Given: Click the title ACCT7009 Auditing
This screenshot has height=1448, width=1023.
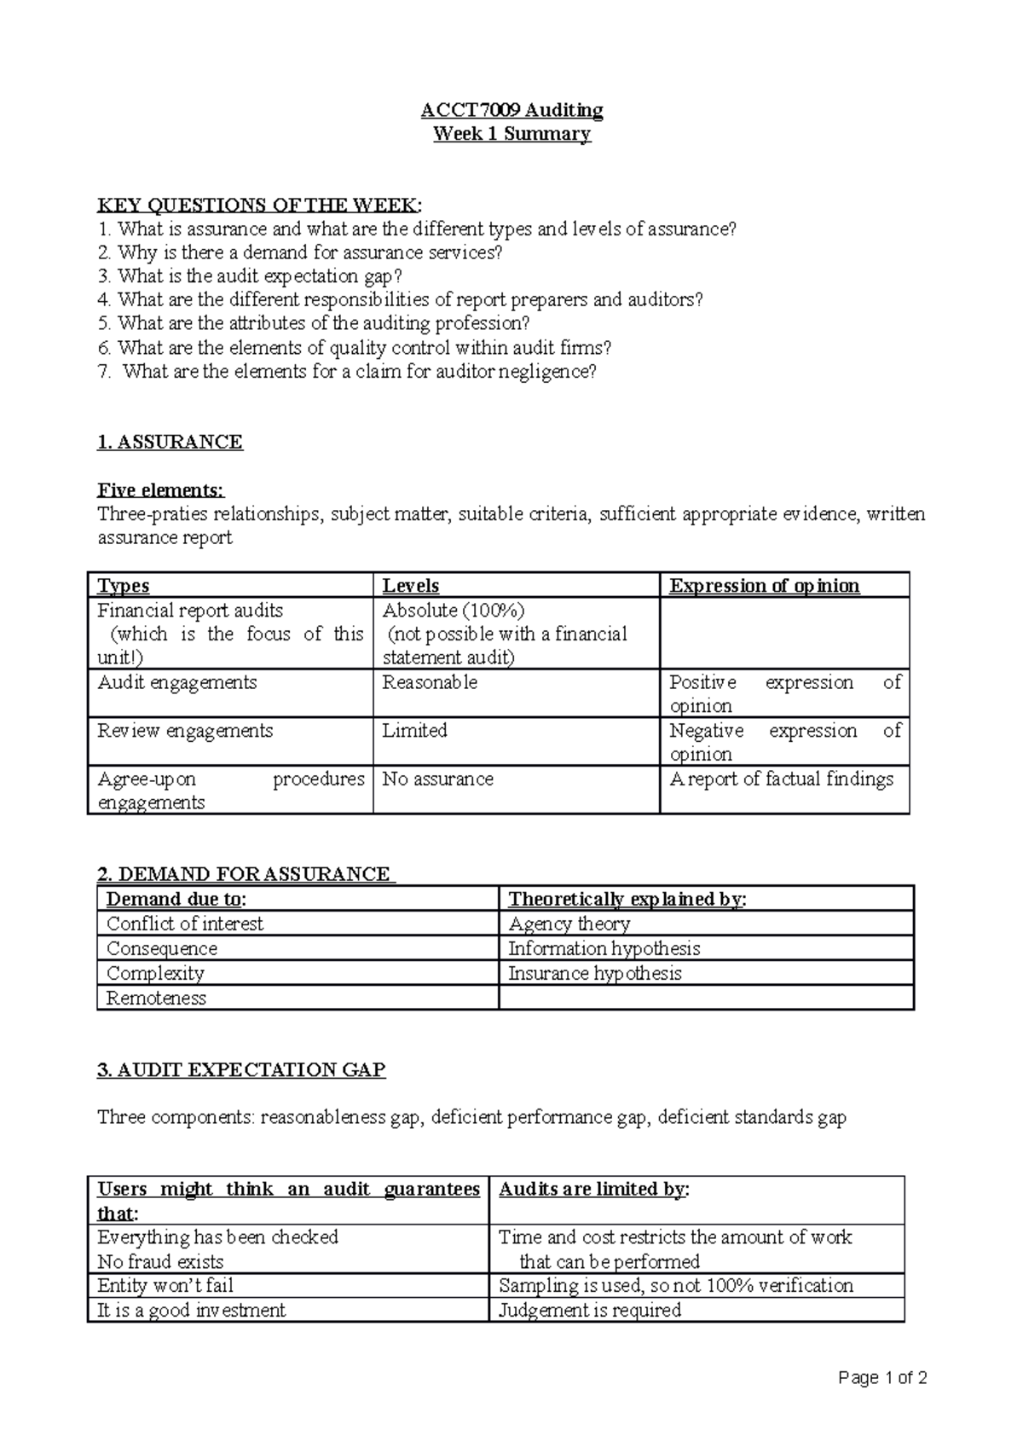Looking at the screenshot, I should pyautogui.click(x=511, y=110).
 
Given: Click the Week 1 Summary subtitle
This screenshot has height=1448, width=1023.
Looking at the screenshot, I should pyautogui.click(x=511, y=134).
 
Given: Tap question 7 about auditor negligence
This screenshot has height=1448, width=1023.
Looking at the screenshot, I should pyautogui.click(x=348, y=372).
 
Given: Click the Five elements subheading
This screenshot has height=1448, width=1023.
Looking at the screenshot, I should pyautogui.click(x=161, y=490).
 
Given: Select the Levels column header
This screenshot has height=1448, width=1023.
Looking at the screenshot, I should pyautogui.click(x=411, y=586).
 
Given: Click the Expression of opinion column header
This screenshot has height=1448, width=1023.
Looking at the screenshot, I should pyautogui.click(x=764, y=586).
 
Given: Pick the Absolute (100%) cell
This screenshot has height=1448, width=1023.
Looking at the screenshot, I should pyautogui.click(x=454, y=611).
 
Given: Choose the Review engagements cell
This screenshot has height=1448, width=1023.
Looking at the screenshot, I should pyautogui.click(x=185, y=731).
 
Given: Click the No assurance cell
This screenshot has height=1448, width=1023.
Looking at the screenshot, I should pyautogui.click(x=437, y=779).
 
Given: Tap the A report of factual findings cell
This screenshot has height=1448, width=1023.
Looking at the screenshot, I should pyautogui.click(x=781, y=779).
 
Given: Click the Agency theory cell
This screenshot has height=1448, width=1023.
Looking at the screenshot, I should pyautogui.click(x=569, y=924).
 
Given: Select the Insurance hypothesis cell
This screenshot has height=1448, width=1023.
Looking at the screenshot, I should pyautogui.click(x=594, y=973).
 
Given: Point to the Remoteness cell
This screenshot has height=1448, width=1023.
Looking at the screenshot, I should pyautogui.click(x=156, y=998).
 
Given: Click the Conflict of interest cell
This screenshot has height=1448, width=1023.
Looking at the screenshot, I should pyautogui.click(x=184, y=924).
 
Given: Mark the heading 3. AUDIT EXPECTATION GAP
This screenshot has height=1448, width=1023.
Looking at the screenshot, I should pyautogui.click(x=242, y=1070).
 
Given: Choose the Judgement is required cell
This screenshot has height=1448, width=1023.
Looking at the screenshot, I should pyautogui.click(x=589, y=1310).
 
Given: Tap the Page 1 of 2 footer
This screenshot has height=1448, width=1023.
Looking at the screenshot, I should pyautogui.click(x=882, y=1378).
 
